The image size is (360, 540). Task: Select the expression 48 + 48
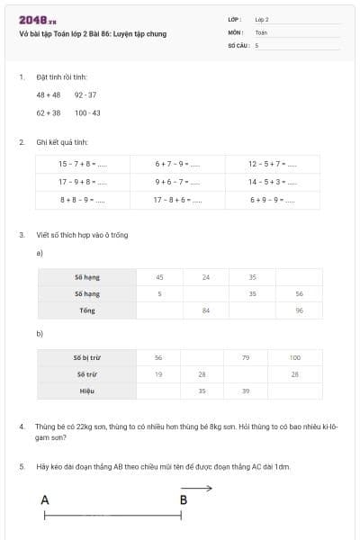click(x=48, y=94)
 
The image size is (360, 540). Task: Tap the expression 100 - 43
click(x=87, y=112)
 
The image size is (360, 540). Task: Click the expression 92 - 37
click(x=85, y=94)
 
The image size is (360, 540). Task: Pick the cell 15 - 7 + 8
click(x=82, y=164)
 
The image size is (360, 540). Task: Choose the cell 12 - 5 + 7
click(x=272, y=164)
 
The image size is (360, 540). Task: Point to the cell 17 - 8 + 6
click(x=176, y=199)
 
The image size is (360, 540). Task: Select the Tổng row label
click(x=87, y=310)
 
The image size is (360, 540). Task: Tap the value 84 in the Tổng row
click(x=206, y=310)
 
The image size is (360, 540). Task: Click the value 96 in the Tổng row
click(x=299, y=310)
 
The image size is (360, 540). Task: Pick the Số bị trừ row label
click(x=86, y=357)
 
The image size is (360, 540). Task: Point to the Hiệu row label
click(x=86, y=391)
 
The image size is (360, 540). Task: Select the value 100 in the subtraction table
click(x=295, y=357)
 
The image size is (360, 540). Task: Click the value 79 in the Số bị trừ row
click(x=246, y=357)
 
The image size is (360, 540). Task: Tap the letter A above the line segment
click(x=45, y=499)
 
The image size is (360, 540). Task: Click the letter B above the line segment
click(x=184, y=499)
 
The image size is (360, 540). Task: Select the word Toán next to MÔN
click(x=261, y=31)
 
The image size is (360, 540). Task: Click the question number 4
click(x=22, y=423)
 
